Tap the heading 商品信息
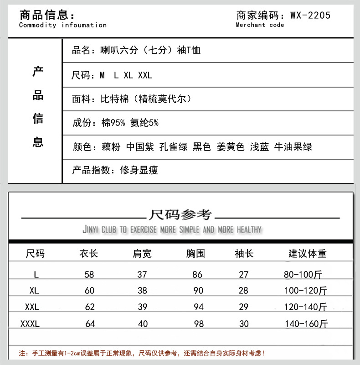coord(45,15)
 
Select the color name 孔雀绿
coord(173,147)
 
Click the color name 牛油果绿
coord(293,147)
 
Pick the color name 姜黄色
coord(231,147)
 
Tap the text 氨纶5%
coord(144,123)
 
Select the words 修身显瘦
coord(139,171)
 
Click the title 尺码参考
coord(180,214)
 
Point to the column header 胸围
coord(195,253)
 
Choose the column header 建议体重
coord(308,253)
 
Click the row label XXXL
coord(31,324)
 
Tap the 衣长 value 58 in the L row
coord(90,275)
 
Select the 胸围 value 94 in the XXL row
coord(198,307)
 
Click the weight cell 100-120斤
coord(305,291)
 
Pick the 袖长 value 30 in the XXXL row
coord(244,324)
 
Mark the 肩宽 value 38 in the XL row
coord(143,291)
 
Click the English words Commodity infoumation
coord(63,25)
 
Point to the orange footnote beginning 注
coord(142,353)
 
